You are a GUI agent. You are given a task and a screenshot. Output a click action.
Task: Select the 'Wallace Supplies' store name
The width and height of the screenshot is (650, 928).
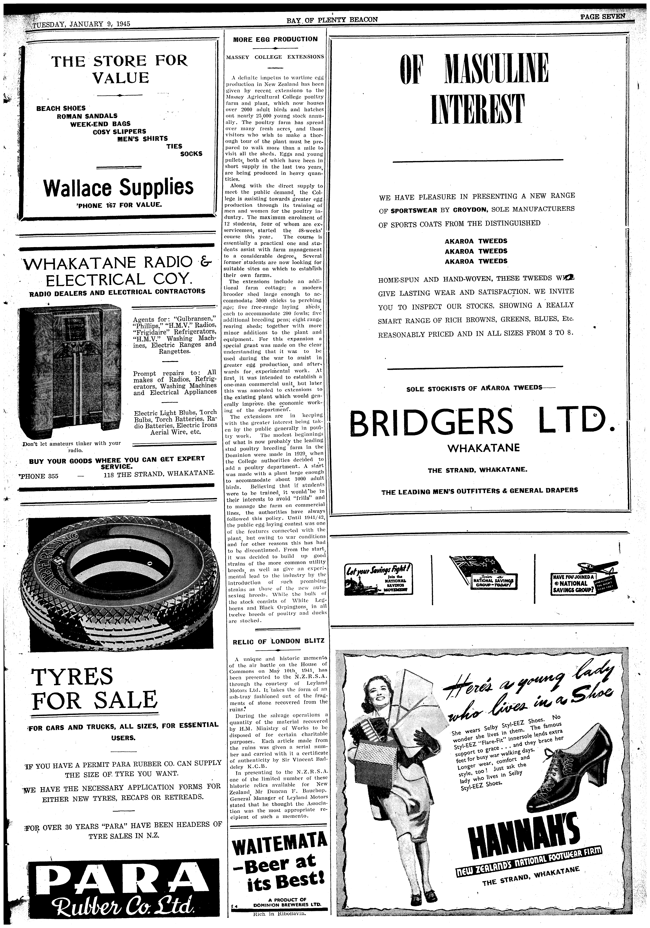coord(118,187)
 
